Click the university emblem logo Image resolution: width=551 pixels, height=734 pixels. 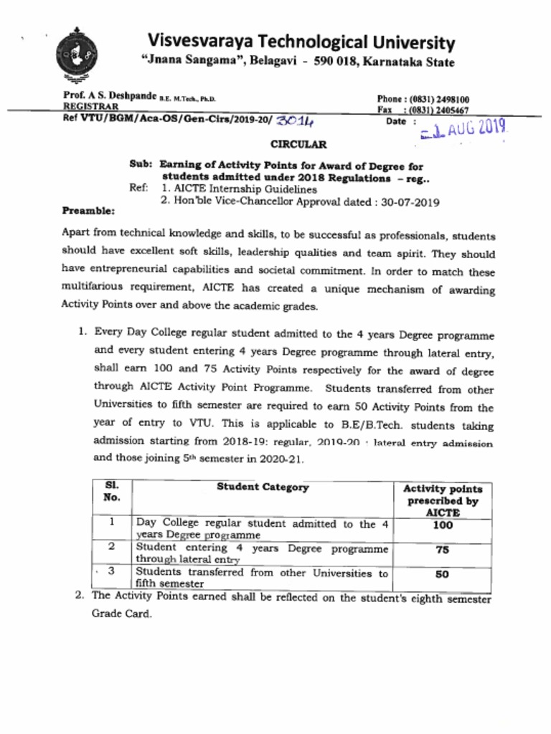click(x=77, y=53)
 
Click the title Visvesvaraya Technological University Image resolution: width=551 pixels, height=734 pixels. click(x=301, y=42)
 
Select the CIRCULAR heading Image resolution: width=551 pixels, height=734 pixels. click(x=298, y=144)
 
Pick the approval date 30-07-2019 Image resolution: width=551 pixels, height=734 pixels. click(x=410, y=202)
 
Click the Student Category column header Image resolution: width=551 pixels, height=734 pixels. click(x=263, y=487)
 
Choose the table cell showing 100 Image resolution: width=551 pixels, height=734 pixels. click(x=443, y=525)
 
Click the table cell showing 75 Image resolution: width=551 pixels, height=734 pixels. click(x=443, y=550)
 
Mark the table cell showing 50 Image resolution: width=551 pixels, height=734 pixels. click(x=443, y=574)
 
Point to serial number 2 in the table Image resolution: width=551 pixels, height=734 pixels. click(x=111, y=547)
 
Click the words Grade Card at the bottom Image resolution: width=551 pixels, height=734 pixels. click(x=121, y=614)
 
